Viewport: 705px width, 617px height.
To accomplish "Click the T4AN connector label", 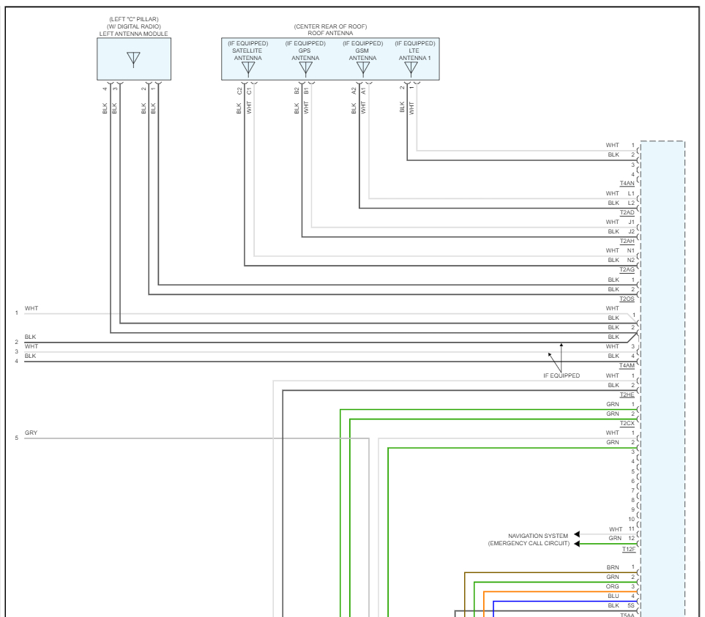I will click(x=627, y=184).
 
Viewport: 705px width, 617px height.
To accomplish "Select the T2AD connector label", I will click(x=627, y=212).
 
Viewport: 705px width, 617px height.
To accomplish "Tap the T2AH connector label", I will click(x=627, y=241).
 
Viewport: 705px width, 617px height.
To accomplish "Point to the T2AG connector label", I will click(x=627, y=269).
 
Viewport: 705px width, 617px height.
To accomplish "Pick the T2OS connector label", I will click(x=627, y=299).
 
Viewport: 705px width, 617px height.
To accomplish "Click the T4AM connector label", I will click(x=627, y=365).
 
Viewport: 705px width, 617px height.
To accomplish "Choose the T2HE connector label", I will click(x=627, y=394).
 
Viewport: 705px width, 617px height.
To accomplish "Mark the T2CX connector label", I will click(x=627, y=423).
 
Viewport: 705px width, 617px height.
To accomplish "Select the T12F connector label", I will click(x=628, y=548).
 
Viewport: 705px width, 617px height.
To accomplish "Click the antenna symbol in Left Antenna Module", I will click(x=133, y=59).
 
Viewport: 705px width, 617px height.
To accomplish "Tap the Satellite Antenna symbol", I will click(x=248, y=69).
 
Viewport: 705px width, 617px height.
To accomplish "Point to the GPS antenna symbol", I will click(x=305, y=69).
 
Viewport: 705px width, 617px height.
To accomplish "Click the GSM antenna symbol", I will click(x=362, y=69).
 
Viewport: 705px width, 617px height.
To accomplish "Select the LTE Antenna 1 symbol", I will click(x=411, y=69).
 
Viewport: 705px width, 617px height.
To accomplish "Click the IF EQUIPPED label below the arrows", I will click(x=561, y=375).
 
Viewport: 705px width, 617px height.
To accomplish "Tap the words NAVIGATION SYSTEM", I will click(x=538, y=536).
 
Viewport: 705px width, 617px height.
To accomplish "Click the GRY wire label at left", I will click(x=31, y=433).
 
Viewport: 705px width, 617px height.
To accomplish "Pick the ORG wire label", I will click(x=613, y=586).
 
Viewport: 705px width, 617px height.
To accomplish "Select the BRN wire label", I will click(x=613, y=567).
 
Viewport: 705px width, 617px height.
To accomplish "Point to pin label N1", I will click(x=631, y=250).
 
